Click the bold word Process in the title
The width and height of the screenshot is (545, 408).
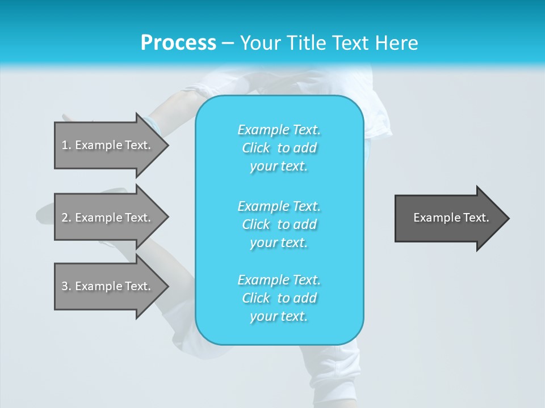click(x=178, y=43)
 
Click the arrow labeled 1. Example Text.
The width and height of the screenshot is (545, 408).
click(x=108, y=145)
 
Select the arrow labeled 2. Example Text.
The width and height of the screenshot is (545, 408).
click(x=108, y=218)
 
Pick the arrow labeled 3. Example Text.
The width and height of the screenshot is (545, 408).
click(x=108, y=286)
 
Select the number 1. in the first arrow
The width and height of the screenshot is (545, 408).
click(x=66, y=145)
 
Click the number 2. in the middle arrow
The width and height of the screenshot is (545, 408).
click(x=66, y=218)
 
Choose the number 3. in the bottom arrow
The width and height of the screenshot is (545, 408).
click(x=66, y=286)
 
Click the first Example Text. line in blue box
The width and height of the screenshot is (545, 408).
click(x=279, y=130)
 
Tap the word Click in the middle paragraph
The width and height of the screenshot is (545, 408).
click(x=255, y=224)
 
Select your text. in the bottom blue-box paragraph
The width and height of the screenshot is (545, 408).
click(x=279, y=316)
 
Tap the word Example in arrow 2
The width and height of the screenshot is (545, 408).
click(x=99, y=218)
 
